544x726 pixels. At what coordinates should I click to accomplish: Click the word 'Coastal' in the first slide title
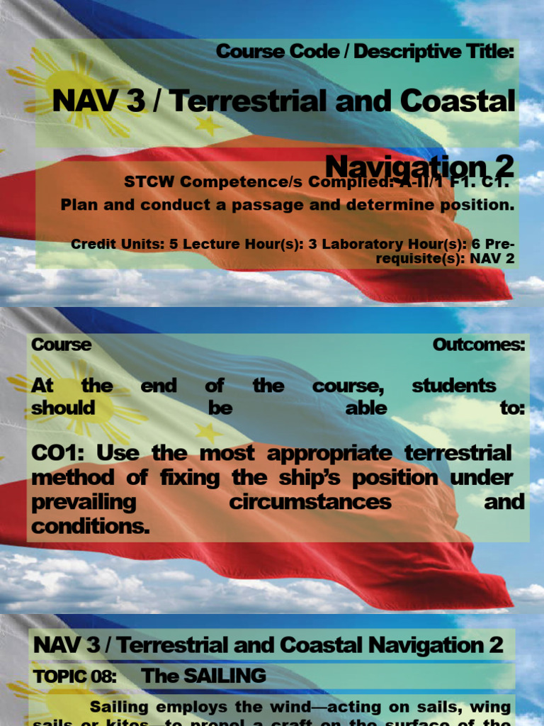tap(458, 101)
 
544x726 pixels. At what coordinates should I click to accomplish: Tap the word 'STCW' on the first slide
tap(149, 182)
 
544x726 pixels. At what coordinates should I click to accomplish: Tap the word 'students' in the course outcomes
tap(453, 386)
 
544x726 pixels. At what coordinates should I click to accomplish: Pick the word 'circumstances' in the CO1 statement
tap(310, 502)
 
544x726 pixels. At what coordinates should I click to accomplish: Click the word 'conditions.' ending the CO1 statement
tap(90, 527)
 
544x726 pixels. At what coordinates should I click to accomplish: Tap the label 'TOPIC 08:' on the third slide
tap(74, 676)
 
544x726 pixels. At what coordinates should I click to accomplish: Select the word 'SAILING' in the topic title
tap(225, 676)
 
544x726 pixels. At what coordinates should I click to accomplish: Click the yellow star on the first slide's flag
tap(208, 125)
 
